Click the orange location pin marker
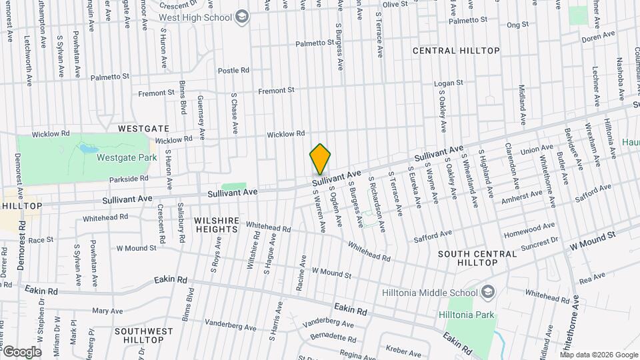point(320,159)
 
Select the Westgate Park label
point(126,158)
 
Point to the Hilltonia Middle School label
point(429,292)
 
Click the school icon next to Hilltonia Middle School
point(488,292)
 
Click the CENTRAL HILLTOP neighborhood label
point(456,51)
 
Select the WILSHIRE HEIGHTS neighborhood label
point(216,224)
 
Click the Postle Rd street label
point(233,70)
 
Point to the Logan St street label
point(448,83)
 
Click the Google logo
point(22,351)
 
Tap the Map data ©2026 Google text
point(599,355)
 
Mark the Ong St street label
point(517,25)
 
